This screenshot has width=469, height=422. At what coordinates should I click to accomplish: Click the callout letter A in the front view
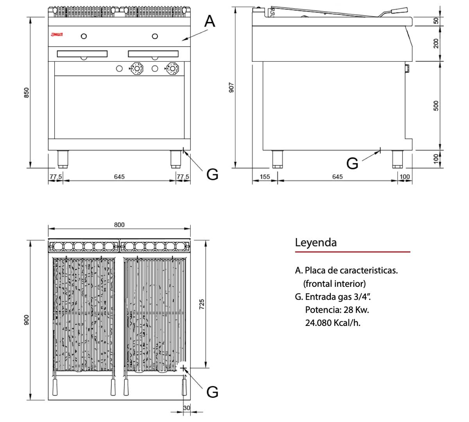pos(209,21)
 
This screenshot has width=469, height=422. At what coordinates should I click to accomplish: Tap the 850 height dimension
pos(27,93)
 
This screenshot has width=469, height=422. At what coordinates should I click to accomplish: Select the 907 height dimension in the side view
pos(231,87)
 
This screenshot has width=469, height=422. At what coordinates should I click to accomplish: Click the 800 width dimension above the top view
pos(119,225)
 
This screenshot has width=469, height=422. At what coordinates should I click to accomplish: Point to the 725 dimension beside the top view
pos(202,304)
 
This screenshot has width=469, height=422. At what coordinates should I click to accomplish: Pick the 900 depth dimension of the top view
pos(27,320)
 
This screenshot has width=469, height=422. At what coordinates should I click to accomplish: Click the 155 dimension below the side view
pos(265,177)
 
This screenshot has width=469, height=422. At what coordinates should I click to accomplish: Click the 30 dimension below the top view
pos(186,408)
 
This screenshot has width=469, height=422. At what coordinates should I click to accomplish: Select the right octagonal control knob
pos(172,68)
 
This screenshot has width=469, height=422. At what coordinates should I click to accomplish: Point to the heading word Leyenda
pos(315,242)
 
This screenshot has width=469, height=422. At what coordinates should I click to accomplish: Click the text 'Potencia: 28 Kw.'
pos(337,310)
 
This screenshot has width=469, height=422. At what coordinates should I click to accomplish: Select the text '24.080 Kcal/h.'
pos(333,323)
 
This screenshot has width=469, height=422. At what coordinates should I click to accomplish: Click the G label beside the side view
pos(352,163)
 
